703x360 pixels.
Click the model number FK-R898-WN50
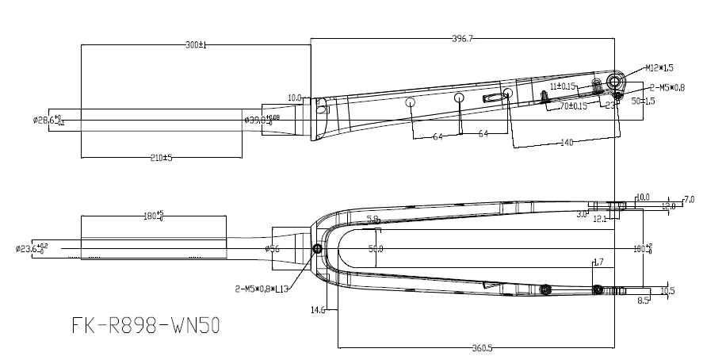point(146,325)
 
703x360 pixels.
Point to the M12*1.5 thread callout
point(659,68)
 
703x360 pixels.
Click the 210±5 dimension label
point(161,159)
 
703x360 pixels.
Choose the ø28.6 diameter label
point(49,120)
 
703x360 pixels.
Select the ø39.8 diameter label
point(262,120)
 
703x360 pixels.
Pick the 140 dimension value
point(565,143)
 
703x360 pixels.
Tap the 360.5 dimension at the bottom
point(477,347)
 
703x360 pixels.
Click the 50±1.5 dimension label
point(643,101)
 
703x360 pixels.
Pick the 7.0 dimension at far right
point(688,199)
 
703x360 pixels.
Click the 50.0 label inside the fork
point(376,249)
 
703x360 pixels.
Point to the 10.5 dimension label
point(667,290)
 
